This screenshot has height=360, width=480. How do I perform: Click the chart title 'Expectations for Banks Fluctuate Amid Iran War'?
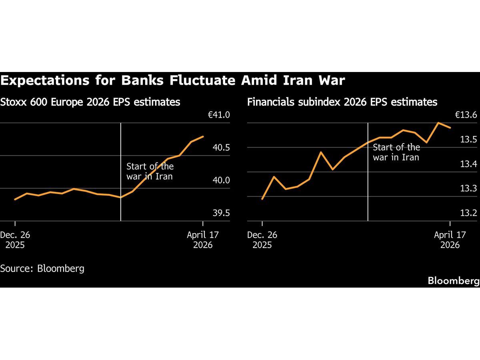tap(172, 80)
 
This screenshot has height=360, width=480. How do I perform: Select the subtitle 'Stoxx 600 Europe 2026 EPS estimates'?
tap(90, 102)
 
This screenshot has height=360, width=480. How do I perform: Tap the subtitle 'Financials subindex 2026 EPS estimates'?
tap(342, 102)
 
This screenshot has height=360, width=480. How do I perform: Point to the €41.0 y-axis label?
tap(218, 115)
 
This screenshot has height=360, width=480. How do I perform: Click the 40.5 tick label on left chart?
tap(221, 148)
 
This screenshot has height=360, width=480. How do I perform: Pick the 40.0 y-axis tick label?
tap(221, 180)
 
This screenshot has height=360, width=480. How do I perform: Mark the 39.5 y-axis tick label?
tap(221, 213)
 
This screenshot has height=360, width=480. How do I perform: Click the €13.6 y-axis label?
tap(466, 115)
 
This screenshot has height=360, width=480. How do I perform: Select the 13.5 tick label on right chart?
tap(468, 140)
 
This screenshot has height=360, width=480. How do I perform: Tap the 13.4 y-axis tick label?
tap(468, 164)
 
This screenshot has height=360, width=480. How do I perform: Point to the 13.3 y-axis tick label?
tap(468, 188)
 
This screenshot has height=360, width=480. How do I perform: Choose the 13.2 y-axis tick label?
tap(468, 213)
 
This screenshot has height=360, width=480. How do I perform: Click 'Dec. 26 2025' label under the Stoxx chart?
tap(15, 240)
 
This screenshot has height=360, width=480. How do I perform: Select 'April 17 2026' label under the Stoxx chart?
tap(203, 240)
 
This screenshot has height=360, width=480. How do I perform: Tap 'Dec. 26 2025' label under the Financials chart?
tap(262, 240)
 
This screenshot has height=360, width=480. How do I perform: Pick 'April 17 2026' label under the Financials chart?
tap(450, 240)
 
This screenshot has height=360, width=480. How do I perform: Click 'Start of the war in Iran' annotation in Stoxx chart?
tap(150, 171)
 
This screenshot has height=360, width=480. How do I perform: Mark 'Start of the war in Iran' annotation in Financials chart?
tap(396, 152)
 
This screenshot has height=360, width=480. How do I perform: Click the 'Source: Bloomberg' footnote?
tap(42, 268)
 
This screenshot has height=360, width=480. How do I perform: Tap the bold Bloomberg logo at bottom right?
tap(453, 281)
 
